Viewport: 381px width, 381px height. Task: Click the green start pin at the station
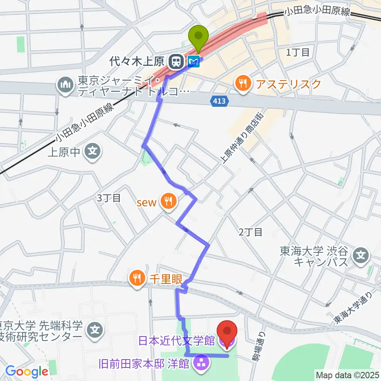pyautogui.click(x=200, y=37)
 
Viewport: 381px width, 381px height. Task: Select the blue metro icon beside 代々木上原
pyautogui.click(x=194, y=61)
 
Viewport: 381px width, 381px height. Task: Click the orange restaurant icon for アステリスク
pyautogui.click(x=242, y=83)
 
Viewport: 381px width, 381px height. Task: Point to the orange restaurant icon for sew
pyautogui.click(x=168, y=200)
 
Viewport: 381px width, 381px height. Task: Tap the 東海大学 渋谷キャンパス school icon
pyautogui.click(x=361, y=253)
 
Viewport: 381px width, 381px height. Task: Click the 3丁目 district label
pyautogui.click(x=108, y=198)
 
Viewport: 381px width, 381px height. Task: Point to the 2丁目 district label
pyautogui.click(x=250, y=233)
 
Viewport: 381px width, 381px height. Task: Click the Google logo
pyautogui.click(x=27, y=371)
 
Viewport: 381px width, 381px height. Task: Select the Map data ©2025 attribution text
pyautogui.click(x=346, y=374)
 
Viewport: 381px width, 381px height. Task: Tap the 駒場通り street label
pyautogui.click(x=258, y=346)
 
